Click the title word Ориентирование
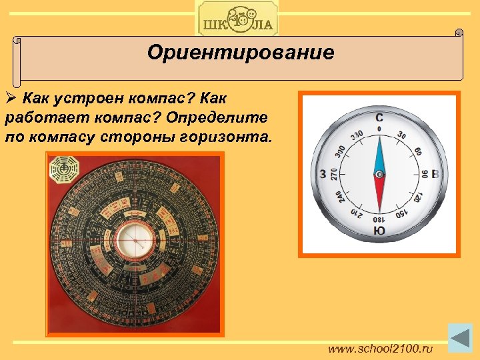[241, 53]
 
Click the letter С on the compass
[379, 117]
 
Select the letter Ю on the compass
[379, 231]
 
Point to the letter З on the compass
[323, 175]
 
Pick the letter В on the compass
[435, 175]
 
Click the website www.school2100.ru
[379, 348]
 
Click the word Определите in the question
[220, 119]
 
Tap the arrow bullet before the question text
[10, 100]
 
